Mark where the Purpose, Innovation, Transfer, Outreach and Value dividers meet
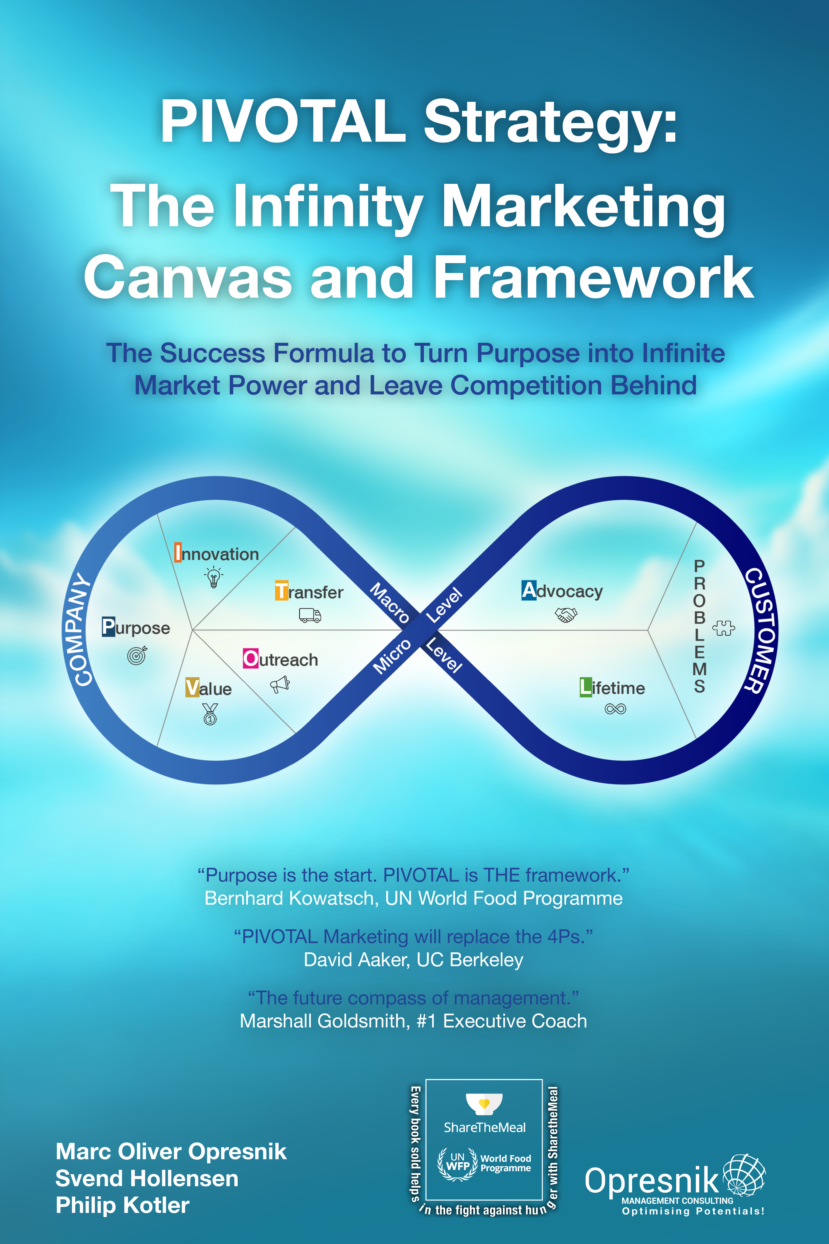click(x=193, y=630)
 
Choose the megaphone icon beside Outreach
click(x=280, y=684)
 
